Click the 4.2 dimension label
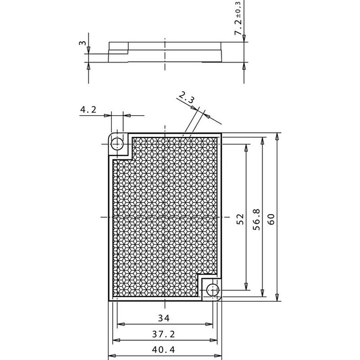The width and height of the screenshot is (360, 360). pos(88,110)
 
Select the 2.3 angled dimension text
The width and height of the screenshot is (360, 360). pos(187,97)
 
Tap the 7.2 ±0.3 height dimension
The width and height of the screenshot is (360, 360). pos(238,18)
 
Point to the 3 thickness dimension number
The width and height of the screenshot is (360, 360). pos(82,43)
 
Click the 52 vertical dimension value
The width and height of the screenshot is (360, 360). pos(240,219)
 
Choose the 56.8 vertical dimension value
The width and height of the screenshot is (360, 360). pos(256,220)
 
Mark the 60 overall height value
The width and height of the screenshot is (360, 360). pos(271,219)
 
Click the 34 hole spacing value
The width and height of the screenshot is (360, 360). pos(164,318)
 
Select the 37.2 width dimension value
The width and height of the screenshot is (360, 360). pos(163,334)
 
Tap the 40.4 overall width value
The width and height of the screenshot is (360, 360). pos(163,350)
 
